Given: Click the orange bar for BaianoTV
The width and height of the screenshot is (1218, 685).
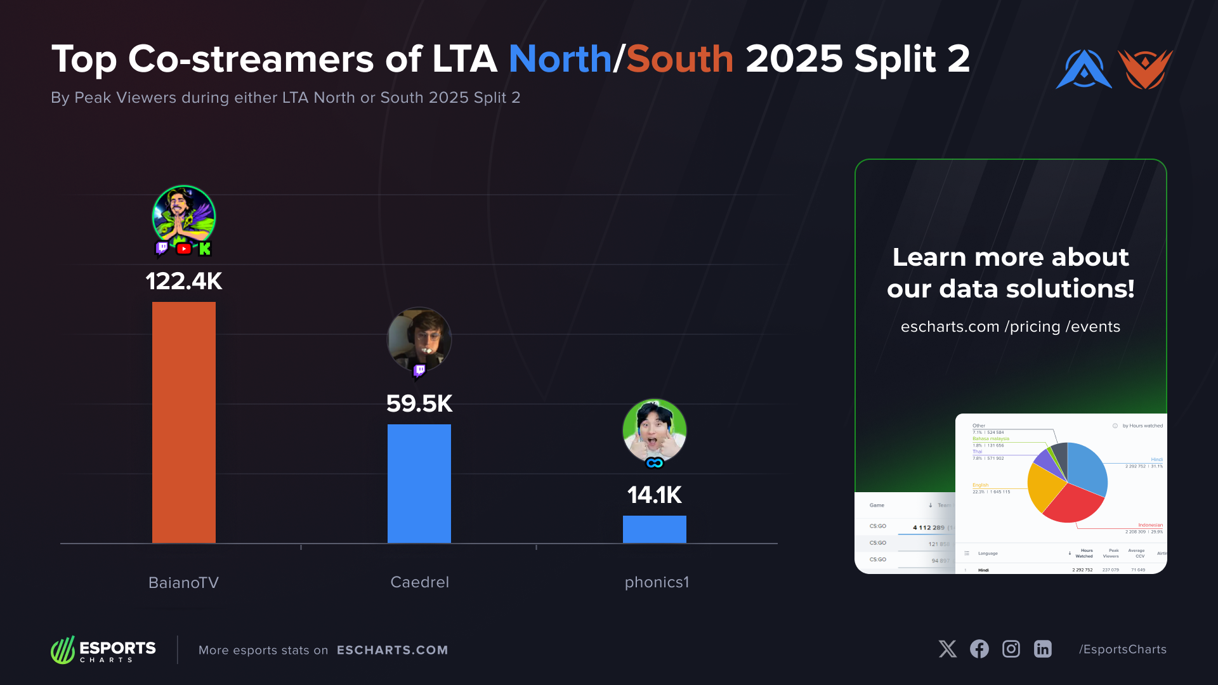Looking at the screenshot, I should (184, 422).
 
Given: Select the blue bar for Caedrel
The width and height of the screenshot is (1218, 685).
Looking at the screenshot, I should (419, 483).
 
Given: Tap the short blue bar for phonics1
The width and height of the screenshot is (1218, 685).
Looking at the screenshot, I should (655, 529).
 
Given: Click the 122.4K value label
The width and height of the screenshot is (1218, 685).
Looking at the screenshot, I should (184, 281).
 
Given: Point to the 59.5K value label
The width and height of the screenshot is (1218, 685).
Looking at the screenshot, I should (419, 403).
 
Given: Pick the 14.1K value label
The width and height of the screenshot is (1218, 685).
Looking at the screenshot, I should (655, 495).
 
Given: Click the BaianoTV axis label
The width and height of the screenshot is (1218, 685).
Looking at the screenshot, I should (183, 582).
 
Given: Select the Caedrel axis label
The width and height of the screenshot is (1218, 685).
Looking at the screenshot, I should (419, 582).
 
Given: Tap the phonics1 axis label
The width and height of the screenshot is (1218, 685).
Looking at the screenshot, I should (657, 582).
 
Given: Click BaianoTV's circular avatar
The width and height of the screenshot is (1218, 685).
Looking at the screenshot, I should (184, 216).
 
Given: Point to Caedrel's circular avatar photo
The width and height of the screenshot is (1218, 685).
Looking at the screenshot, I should (419, 339).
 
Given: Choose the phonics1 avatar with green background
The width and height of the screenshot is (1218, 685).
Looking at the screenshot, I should (655, 430).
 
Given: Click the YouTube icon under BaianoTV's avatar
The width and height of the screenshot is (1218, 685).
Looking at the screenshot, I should (184, 249).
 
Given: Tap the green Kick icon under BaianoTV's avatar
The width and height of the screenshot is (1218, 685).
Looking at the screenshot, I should (204, 249).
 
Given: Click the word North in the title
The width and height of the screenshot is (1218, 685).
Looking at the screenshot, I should (560, 59).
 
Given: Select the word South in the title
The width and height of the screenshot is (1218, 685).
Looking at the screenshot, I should (680, 59).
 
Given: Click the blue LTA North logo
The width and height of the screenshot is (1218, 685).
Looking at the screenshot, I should (1084, 69).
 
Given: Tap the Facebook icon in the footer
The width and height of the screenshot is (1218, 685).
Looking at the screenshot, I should (979, 649).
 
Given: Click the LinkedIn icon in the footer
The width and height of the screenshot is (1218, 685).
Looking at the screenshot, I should (1043, 649).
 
